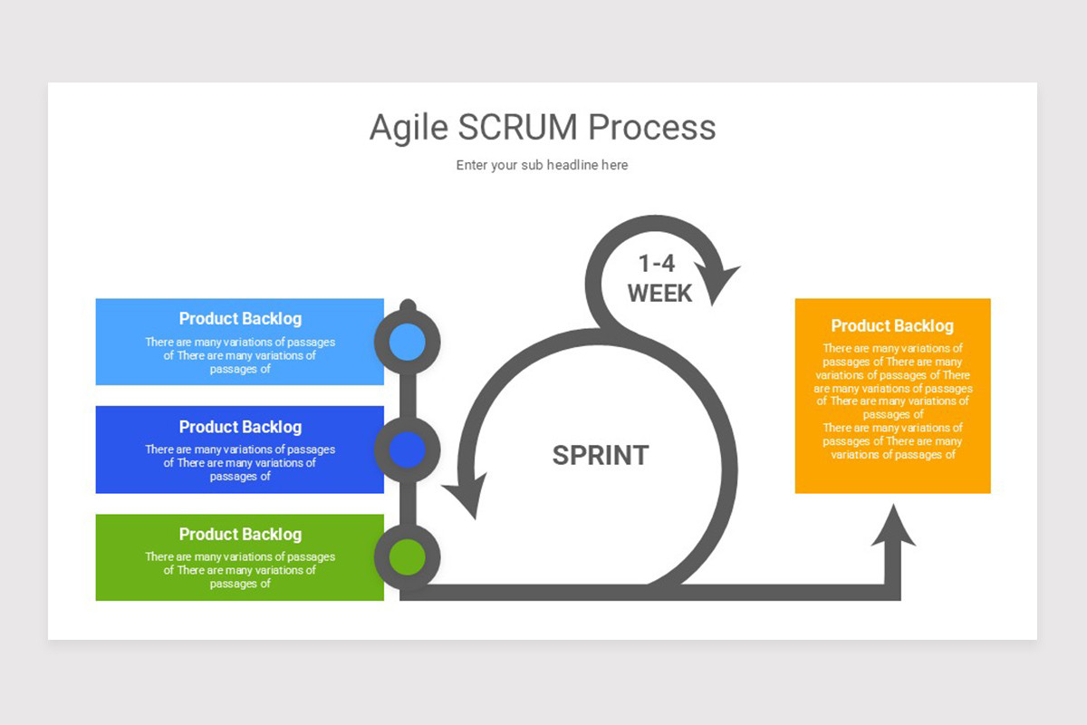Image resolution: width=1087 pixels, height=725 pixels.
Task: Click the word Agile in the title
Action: (x=408, y=128)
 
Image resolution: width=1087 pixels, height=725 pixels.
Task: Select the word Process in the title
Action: (x=652, y=128)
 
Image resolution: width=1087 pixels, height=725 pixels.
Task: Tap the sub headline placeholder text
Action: (x=542, y=165)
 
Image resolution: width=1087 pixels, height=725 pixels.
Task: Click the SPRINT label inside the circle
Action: (x=601, y=455)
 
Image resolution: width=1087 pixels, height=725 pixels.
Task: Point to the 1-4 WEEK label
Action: (x=659, y=278)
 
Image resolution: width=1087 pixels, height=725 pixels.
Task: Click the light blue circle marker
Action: (x=408, y=342)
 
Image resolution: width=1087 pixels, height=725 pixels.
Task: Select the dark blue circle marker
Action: (x=408, y=449)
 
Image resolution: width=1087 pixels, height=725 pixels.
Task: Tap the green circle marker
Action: (x=408, y=556)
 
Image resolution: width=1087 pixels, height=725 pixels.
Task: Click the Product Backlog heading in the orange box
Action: (x=892, y=326)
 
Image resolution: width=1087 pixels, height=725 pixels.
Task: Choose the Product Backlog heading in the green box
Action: (x=240, y=535)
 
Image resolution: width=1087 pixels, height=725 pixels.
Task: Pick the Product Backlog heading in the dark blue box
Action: (x=240, y=427)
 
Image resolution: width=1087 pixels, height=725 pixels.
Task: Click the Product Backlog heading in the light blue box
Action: (x=240, y=319)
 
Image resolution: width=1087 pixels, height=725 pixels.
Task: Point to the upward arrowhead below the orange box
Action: (x=893, y=527)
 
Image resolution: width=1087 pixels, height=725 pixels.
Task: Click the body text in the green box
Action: (x=240, y=570)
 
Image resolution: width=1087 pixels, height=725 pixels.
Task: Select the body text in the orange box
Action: (x=892, y=401)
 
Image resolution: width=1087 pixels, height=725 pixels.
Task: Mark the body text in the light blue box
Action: (x=240, y=355)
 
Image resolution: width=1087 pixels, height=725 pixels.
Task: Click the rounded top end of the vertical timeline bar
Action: (x=408, y=305)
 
